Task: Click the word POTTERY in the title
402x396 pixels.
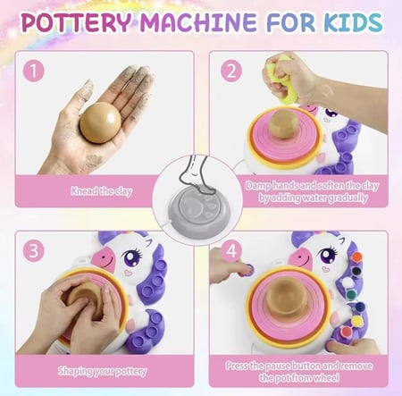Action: coord(77,22)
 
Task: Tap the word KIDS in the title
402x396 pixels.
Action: coord(354,22)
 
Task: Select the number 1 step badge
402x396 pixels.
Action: coord(34,71)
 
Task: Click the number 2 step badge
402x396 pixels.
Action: coord(231,71)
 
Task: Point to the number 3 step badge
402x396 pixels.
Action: coord(34,251)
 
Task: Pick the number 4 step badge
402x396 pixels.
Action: coord(231,250)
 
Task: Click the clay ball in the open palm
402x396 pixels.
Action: coord(101,122)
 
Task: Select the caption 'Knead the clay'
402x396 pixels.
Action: coord(102,190)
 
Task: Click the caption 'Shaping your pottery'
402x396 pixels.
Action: coord(103,371)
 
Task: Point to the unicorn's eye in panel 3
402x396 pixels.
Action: coord(132,257)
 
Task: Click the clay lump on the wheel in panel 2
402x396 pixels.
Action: coord(283,124)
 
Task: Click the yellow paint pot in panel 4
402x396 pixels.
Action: coord(357,320)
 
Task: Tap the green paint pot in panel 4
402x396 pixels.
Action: coord(352,294)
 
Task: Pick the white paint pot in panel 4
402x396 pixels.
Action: coord(348,282)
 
